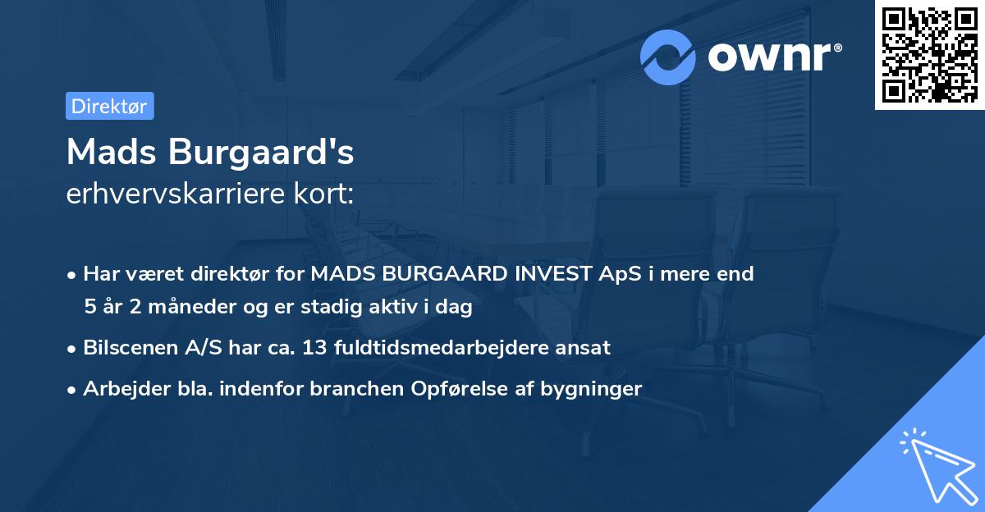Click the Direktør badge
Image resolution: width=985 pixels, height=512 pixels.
(109, 106)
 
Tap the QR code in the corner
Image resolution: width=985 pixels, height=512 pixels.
(929, 54)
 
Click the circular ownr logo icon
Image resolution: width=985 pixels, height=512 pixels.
(668, 57)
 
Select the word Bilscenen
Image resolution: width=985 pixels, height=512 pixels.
(126, 347)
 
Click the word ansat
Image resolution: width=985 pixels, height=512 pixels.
(584, 347)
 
